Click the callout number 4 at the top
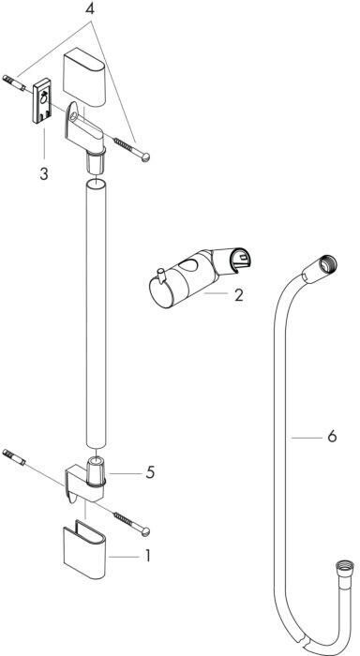(90, 9)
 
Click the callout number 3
(44, 173)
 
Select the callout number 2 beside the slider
(238, 295)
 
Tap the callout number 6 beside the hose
(332, 437)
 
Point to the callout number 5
(150, 472)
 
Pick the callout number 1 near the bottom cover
(147, 556)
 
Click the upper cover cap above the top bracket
(84, 79)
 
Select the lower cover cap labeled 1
(85, 549)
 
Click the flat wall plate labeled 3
(42, 101)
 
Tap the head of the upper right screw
(145, 157)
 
